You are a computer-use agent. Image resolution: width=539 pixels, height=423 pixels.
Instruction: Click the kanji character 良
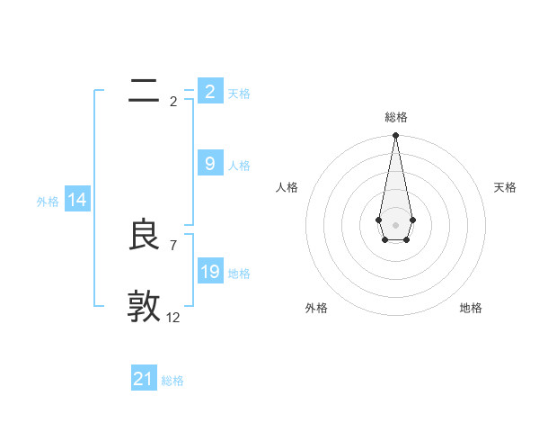point(144,236)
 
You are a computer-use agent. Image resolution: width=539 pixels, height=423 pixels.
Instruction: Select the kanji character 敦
point(144,306)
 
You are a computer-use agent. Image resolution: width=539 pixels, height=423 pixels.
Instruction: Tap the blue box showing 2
point(209,91)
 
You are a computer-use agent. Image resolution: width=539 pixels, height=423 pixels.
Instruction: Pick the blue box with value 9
point(209,163)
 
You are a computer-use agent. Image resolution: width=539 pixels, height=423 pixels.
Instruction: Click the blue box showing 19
point(209,271)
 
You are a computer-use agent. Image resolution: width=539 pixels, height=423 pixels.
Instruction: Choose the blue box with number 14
point(77,200)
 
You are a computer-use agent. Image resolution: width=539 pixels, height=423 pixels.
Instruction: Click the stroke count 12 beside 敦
point(173,317)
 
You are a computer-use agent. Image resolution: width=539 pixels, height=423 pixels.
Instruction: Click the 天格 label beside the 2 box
point(239,93)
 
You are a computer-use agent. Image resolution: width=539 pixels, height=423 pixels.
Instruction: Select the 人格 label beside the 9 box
point(239,165)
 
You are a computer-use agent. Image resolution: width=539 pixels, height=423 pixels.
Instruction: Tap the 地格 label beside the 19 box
point(239,273)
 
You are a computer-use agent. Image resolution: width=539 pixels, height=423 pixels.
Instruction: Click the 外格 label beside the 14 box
point(48,202)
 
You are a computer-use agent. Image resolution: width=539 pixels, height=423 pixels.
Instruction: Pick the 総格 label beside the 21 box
point(172,381)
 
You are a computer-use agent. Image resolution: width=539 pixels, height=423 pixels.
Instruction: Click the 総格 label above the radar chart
point(395,117)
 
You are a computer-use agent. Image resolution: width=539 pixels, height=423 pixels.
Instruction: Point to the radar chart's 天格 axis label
point(505,187)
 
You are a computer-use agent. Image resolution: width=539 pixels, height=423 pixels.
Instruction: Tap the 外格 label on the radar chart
point(316,308)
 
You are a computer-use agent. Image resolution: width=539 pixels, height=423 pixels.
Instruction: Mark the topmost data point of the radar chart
point(395,136)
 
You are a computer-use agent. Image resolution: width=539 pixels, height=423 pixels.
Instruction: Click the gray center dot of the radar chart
point(395,224)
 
